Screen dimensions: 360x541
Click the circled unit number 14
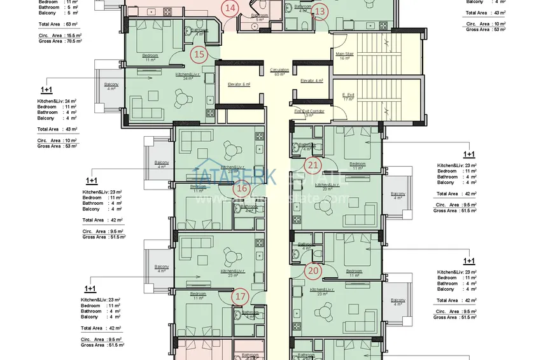tap(230, 8)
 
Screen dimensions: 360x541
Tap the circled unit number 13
tap(320, 10)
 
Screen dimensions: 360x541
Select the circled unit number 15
tap(199, 54)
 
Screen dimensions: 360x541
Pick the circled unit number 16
tap(241, 188)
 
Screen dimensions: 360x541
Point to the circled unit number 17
tap(240, 296)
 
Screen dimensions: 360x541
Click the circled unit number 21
tap(313, 165)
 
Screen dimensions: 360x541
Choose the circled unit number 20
tap(313, 270)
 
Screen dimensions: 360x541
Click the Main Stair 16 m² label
tap(344, 56)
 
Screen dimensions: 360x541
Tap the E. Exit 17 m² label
tap(348, 97)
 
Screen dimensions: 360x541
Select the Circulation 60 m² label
tap(279, 72)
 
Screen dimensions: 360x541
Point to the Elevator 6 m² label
tap(239, 84)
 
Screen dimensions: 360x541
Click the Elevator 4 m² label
tap(312, 81)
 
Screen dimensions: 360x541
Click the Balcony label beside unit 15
tap(111, 86)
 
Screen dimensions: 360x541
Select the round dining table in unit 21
tap(326, 205)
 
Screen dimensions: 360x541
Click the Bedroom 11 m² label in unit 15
tap(151, 57)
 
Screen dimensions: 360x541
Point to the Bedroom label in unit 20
tap(355, 271)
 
